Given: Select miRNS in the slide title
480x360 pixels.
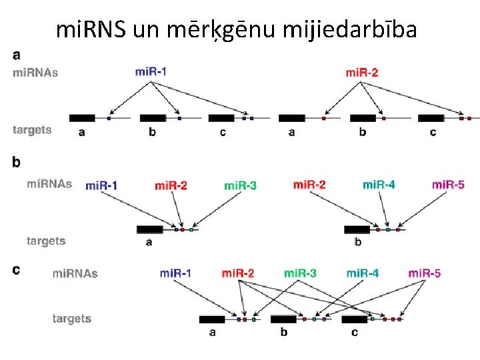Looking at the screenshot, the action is [x=92, y=29].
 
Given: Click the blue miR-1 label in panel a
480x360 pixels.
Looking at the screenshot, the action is [x=151, y=72].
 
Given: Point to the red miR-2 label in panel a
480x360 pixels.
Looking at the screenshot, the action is [x=361, y=72].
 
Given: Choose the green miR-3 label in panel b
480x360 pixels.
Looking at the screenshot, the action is [x=240, y=185].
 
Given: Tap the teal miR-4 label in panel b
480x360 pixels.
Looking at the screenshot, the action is [x=379, y=184].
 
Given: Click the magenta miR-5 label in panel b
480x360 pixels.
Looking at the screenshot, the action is [x=448, y=184].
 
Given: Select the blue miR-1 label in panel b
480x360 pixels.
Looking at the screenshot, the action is [x=101, y=185].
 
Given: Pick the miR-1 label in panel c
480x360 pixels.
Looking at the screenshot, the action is [x=175, y=273].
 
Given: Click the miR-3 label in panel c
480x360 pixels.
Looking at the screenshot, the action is [x=300, y=273].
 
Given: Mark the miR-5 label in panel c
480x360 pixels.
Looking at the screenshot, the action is [x=424, y=273].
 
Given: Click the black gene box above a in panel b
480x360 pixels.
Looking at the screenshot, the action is [x=149, y=229].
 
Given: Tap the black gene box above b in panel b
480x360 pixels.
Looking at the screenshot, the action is [x=357, y=229].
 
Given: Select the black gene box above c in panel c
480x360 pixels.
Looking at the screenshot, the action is [x=354, y=319].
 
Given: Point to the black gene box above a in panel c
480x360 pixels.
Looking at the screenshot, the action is [x=212, y=319].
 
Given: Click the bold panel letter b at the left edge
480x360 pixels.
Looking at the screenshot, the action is [x=16, y=162].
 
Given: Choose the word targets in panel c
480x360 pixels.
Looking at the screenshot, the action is [x=72, y=319].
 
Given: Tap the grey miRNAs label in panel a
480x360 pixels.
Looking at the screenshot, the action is [x=35, y=72].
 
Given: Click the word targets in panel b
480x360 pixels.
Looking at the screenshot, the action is [x=46, y=241].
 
